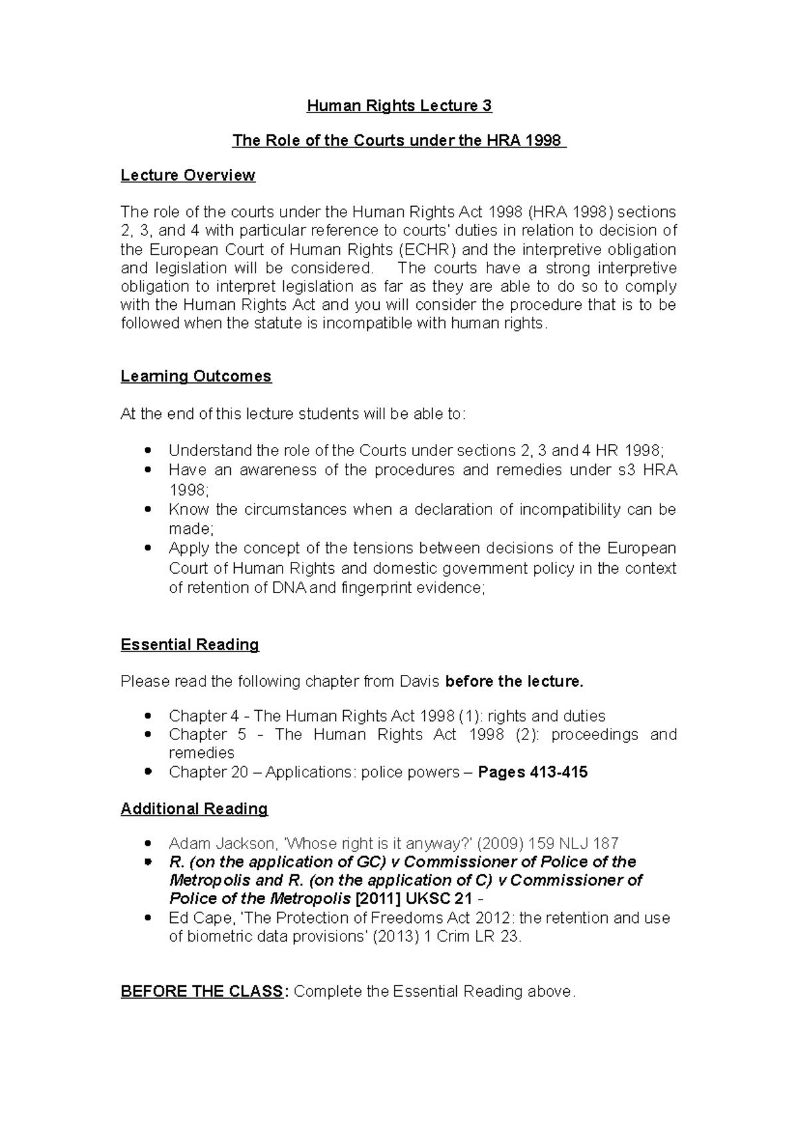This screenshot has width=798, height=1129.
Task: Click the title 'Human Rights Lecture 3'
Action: coord(398,106)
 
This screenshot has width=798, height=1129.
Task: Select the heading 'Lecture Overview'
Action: coord(188,175)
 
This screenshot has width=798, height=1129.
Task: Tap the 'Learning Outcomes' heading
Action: coord(196,376)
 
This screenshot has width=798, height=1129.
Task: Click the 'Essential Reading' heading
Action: coord(190,644)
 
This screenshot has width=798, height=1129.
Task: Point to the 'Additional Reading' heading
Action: coord(194,809)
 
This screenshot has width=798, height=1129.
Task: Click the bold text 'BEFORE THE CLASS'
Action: coord(201,991)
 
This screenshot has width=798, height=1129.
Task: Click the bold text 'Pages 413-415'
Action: coord(533,772)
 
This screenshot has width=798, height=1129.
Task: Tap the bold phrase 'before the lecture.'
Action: coord(514,682)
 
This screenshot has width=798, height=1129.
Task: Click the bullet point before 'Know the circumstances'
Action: coord(148,510)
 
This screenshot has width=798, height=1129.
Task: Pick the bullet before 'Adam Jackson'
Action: coord(148,844)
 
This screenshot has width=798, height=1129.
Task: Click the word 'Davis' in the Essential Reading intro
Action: coord(419,682)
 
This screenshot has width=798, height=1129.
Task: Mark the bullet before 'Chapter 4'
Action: coord(148,716)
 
